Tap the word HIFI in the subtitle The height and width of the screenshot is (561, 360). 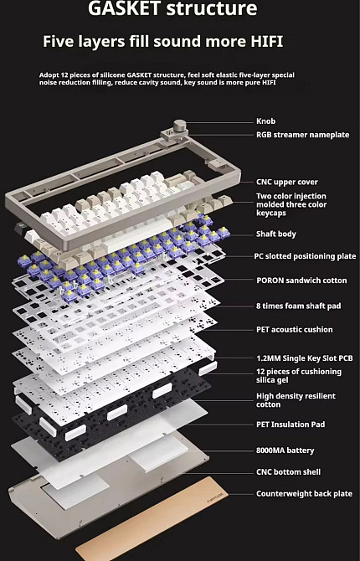pos(266,42)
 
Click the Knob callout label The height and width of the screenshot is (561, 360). pos(266,121)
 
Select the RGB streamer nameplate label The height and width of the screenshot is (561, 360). pos(303,135)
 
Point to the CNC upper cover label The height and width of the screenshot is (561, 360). pos(287,182)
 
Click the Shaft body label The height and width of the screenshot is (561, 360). pos(276,234)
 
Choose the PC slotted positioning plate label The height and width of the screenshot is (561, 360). pos(305,256)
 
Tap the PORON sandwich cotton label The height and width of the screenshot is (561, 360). pos(301,280)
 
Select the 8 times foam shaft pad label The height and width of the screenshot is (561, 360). pos(298,306)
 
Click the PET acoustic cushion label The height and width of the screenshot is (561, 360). pos(295,330)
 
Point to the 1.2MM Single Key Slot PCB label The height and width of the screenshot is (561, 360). pos(305,358)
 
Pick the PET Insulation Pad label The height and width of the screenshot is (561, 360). pos(291,425)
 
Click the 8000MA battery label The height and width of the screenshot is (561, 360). pos(285,450)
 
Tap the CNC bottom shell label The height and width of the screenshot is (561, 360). pos(289,472)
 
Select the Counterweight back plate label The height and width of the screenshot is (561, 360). pos(304,494)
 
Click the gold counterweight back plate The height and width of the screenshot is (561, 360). pos(152,519)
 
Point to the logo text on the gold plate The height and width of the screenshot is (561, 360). pos(215,497)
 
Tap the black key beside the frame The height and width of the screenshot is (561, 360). pos(18,228)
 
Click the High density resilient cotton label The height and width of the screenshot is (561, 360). pos(296,400)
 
